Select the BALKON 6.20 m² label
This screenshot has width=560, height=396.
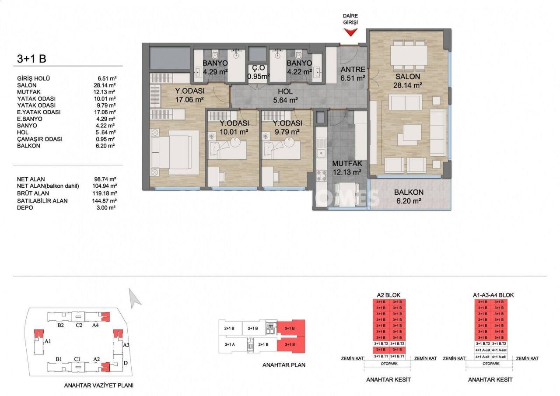pyautogui.click(x=408, y=196)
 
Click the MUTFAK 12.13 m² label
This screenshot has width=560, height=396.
pyautogui.click(x=346, y=168)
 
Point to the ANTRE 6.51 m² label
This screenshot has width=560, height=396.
pyautogui.click(x=353, y=74)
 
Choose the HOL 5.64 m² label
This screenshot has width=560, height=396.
pyautogui.click(x=288, y=96)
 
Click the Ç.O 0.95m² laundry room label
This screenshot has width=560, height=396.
pyautogui.click(x=258, y=73)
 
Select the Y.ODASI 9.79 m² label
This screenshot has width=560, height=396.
pyautogui.click(x=287, y=127)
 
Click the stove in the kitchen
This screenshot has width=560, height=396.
pyautogui.click(x=321, y=175)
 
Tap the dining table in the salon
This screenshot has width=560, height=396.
pyautogui.click(x=409, y=54)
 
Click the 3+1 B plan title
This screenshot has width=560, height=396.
pyautogui.click(x=31, y=58)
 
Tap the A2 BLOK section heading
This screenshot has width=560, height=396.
pyautogui.click(x=388, y=295)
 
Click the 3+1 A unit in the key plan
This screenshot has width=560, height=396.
pyautogui.click(x=230, y=344)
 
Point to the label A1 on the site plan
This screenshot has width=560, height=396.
pyautogui.click(x=48, y=341)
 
